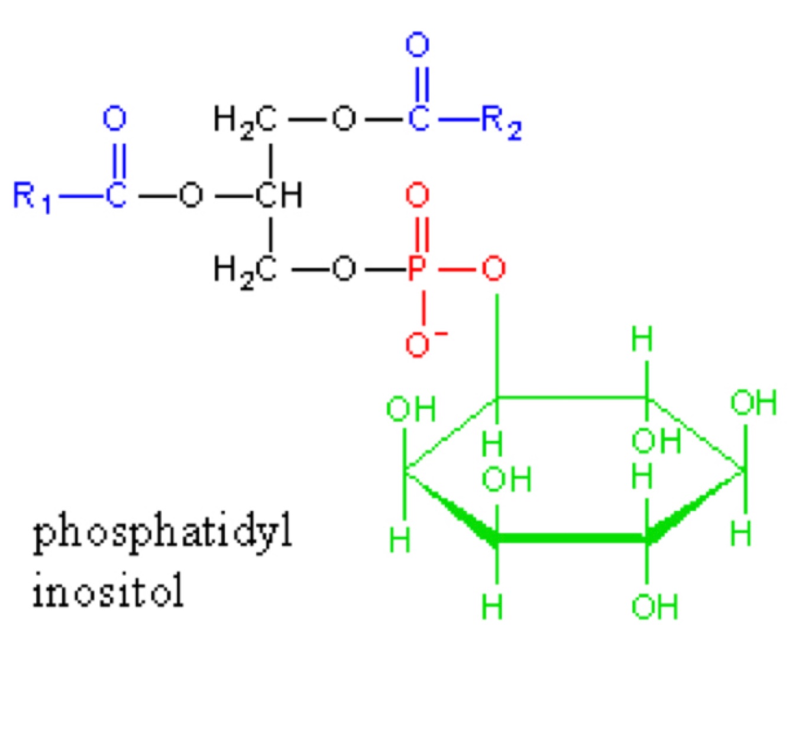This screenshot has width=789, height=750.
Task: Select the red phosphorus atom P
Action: [417, 270]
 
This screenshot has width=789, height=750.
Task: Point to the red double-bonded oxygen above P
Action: [418, 195]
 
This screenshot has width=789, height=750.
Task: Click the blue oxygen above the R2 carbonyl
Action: [418, 45]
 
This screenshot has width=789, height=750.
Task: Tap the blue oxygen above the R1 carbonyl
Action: [115, 118]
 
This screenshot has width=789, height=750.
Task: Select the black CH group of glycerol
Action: [279, 195]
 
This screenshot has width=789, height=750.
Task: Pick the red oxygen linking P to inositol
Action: [494, 269]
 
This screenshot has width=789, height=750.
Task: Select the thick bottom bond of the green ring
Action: [571, 538]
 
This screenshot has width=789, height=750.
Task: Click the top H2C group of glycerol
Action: [245, 120]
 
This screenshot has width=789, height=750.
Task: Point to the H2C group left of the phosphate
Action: [245, 270]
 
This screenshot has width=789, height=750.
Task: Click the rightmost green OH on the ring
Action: [753, 403]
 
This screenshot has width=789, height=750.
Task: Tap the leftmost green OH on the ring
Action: [411, 409]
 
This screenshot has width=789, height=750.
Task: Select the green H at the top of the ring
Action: [642, 340]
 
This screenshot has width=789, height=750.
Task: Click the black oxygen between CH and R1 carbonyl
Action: [191, 195]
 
